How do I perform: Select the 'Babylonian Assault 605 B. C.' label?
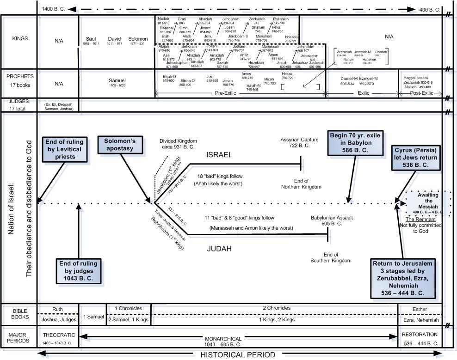click(326, 220)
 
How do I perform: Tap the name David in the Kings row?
click(114, 38)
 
